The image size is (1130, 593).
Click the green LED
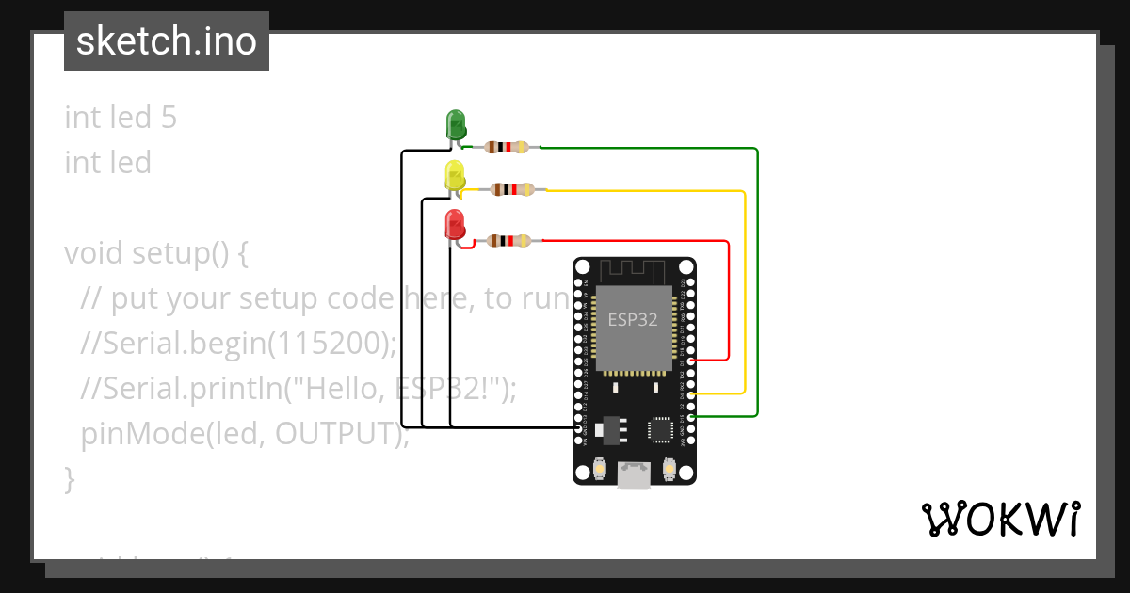coord(455,124)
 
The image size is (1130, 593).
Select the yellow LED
coord(455,175)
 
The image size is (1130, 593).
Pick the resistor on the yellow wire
coord(513,189)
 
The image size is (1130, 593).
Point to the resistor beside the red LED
coord(509,241)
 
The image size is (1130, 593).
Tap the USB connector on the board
coord(634,475)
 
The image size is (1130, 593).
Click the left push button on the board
coord(600,468)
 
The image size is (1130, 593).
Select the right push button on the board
coord(670,467)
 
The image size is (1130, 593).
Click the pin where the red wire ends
coord(691,360)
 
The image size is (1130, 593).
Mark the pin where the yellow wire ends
coord(691,393)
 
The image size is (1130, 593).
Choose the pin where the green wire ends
coord(691,416)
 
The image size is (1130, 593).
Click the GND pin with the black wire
coord(578,427)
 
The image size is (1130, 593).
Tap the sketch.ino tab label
coord(167,41)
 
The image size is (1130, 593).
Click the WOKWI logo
coord(1000,519)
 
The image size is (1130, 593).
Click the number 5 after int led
coord(169,118)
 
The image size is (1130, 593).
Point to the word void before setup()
coord(94,254)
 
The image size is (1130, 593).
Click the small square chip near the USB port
coord(660,429)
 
